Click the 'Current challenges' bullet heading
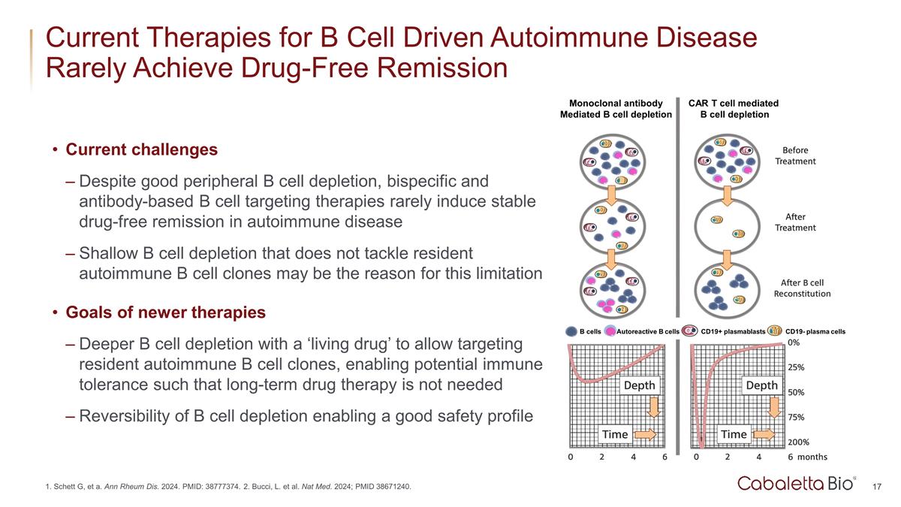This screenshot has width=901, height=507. coord(142,149)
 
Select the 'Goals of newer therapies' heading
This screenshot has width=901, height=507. coord(165,312)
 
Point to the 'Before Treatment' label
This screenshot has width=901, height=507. coord(795,155)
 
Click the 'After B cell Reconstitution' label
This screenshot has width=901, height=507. coord(802,288)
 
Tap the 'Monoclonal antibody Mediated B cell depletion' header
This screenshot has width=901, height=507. coord(616,109)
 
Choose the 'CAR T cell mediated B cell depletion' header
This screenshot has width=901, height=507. coord(734,109)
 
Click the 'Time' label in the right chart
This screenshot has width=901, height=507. coord(734,434)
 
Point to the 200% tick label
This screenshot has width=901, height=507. coord(798,443)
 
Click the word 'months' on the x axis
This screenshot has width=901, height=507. coord(812,456)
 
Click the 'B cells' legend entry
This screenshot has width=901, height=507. coord(592,331)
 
